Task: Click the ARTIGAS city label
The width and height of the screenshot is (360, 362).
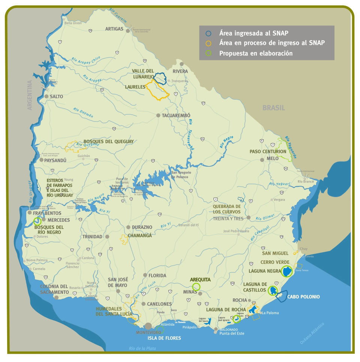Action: (114, 29)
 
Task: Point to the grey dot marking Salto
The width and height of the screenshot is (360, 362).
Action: (46, 96)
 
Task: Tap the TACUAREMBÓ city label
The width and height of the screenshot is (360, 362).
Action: (176, 116)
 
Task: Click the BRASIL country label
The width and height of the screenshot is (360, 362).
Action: (274, 108)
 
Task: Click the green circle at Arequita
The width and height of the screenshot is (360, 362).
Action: (196, 287)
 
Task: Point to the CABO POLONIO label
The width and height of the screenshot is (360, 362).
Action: (303, 297)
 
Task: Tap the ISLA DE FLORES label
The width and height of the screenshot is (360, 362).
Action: (163, 338)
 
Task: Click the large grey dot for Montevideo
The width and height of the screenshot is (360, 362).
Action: (148, 326)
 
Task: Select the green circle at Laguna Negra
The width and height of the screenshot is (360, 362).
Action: (287, 271)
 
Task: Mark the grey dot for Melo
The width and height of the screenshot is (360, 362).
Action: (262, 160)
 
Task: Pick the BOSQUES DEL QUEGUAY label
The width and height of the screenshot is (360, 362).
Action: (108, 141)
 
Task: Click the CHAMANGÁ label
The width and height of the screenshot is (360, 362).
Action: (140, 236)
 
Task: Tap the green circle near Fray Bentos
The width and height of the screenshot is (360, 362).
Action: (37, 221)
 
